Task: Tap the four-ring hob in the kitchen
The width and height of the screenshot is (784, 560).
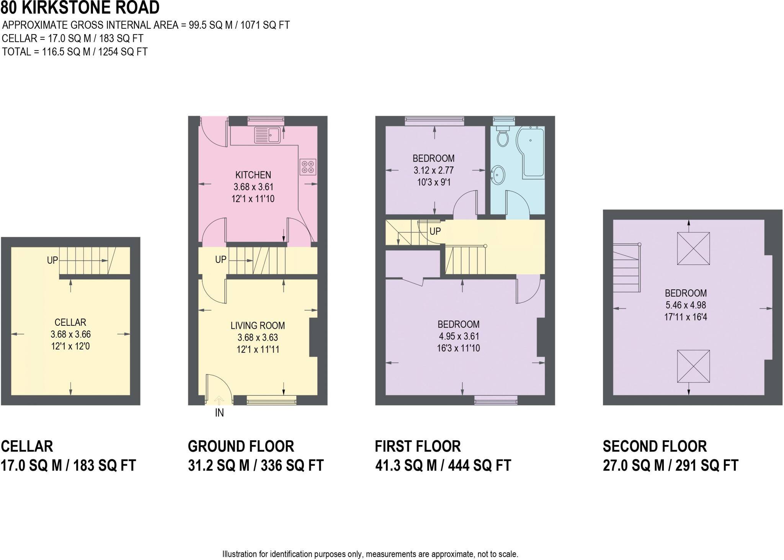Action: (x=308, y=167)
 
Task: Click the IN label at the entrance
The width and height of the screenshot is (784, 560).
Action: (x=219, y=413)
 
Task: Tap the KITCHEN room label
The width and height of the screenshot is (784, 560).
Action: (x=253, y=175)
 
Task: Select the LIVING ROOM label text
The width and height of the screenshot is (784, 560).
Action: (x=258, y=326)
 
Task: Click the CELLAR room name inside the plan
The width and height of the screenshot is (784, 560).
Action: (x=70, y=322)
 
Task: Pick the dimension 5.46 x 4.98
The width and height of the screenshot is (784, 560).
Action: (x=686, y=305)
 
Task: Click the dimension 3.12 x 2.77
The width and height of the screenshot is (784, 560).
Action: (x=433, y=170)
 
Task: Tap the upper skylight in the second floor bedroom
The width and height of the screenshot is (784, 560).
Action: (x=693, y=248)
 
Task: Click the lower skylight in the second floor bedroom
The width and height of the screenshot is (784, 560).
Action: (x=693, y=366)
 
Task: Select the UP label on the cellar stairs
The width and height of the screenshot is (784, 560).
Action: (x=52, y=260)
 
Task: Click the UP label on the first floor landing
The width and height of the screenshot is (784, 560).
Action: (x=435, y=231)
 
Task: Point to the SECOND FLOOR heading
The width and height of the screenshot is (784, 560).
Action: (x=655, y=446)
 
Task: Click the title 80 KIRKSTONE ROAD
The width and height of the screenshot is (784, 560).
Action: (x=80, y=8)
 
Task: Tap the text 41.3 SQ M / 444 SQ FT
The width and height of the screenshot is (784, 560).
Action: (x=443, y=465)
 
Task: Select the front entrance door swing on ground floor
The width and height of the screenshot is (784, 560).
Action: (x=219, y=389)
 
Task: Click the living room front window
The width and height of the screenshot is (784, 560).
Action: (x=271, y=401)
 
